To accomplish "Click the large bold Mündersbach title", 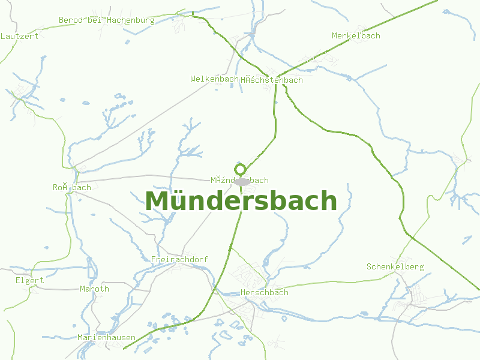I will pyautogui.click(x=241, y=201).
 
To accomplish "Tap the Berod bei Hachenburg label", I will pyautogui.click(x=106, y=20).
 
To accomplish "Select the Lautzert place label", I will pyautogui.click(x=20, y=36).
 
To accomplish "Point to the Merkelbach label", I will pyautogui.click(x=356, y=35).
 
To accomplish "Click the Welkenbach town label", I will pyautogui.click(x=214, y=79).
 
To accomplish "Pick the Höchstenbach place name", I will pyautogui.click(x=272, y=80).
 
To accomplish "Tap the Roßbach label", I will pyautogui.click(x=71, y=187).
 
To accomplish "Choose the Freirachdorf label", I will pyautogui.click(x=179, y=259).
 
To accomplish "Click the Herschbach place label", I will pyautogui.click(x=264, y=292).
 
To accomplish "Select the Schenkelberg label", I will pyautogui.click(x=395, y=266).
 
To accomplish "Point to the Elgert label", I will pyautogui.click(x=30, y=280).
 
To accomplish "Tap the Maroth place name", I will pyautogui.click(x=94, y=289).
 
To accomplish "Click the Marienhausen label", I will pyautogui.click(x=106, y=337).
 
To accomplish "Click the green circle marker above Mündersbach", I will pyautogui.click(x=240, y=169).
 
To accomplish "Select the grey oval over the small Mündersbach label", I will pyautogui.click(x=242, y=181).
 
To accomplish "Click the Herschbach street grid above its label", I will pyautogui.click(x=249, y=276).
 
